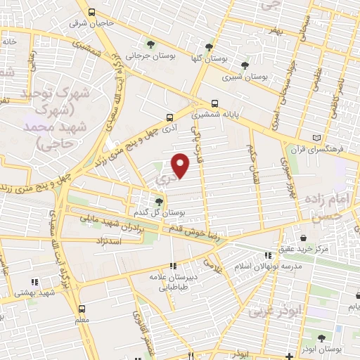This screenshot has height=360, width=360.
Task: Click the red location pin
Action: (181, 165)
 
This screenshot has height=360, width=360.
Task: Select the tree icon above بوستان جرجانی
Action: (149, 44)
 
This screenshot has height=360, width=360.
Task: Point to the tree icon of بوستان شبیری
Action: (244, 61)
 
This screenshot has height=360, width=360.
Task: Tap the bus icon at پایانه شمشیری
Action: (215, 103)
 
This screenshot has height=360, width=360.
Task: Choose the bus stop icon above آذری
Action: (169, 117)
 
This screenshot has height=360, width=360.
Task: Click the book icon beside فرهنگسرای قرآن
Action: (316, 136)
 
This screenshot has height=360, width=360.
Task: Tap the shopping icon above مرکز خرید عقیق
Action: (304, 238)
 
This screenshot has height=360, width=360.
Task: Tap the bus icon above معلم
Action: (82, 309)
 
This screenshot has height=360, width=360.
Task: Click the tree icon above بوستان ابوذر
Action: (324, 338)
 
